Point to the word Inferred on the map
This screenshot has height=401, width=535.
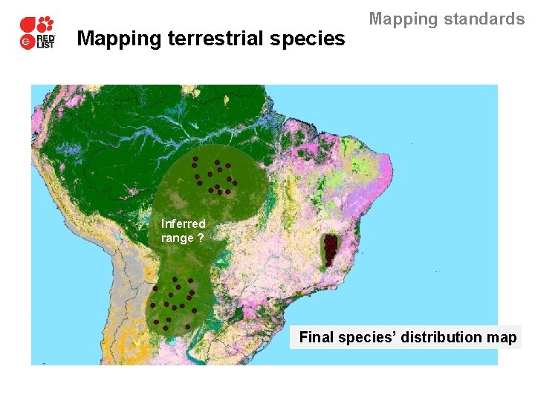click(x=183, y=224)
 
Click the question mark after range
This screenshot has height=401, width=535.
click(x=201, y=238)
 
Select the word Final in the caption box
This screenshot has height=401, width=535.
click(x=317, y=338)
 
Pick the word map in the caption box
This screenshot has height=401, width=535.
click(x=503, y=338)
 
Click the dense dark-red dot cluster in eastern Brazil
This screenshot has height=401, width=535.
click(x=330, y=250)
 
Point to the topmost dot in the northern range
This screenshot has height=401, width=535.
click(x=195, y=159)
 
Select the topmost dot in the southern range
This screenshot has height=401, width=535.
click(x=175, y=279)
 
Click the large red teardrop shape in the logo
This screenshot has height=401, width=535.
click(x=28, y=25)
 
